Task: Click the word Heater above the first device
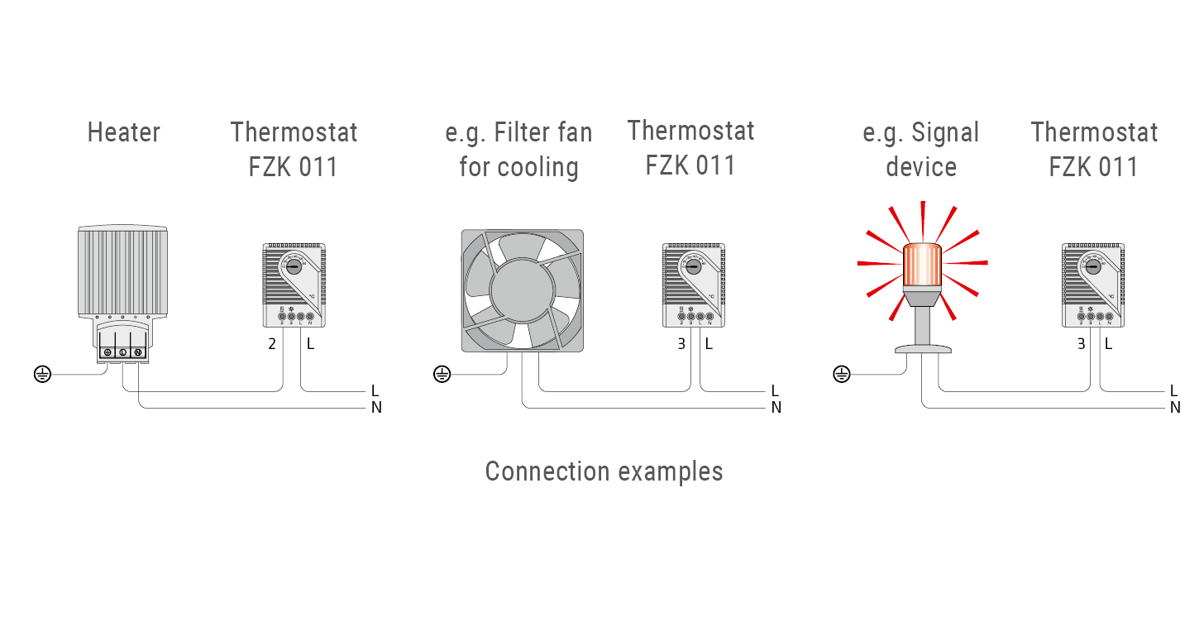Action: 123,132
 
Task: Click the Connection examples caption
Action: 604,471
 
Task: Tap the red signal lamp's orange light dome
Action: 921,264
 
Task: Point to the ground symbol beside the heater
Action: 42,375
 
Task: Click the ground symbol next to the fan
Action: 442,375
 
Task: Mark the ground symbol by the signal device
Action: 841,375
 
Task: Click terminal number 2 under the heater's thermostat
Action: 272,343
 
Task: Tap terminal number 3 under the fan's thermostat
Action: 681,343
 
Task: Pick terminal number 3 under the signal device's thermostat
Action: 1081,343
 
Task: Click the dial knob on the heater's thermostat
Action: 294,267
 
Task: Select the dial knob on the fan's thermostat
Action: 693,267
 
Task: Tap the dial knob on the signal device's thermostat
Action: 1092,267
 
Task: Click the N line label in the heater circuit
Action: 376,407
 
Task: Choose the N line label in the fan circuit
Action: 776,407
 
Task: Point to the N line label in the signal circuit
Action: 1175,407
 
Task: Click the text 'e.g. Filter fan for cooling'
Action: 518,150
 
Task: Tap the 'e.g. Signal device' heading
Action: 920,150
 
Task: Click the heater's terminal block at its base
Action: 122,352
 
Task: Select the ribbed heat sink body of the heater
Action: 122,270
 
